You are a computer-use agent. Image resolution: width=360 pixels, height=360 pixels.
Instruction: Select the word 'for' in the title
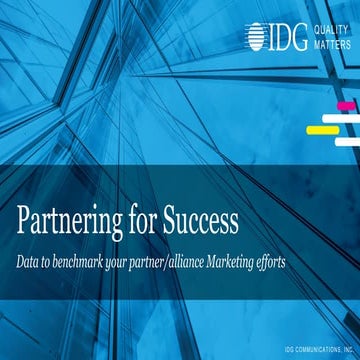pyautogui.click(x=140, y=217)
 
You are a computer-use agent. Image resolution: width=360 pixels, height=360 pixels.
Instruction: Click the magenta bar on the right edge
pyautogui.click(x=347, y=105)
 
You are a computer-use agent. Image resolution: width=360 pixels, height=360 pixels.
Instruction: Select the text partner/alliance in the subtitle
pyautogui.click(x=198, y=260)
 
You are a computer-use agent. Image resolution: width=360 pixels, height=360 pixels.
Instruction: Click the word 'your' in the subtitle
pyautogui.click(x=148, y=260)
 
